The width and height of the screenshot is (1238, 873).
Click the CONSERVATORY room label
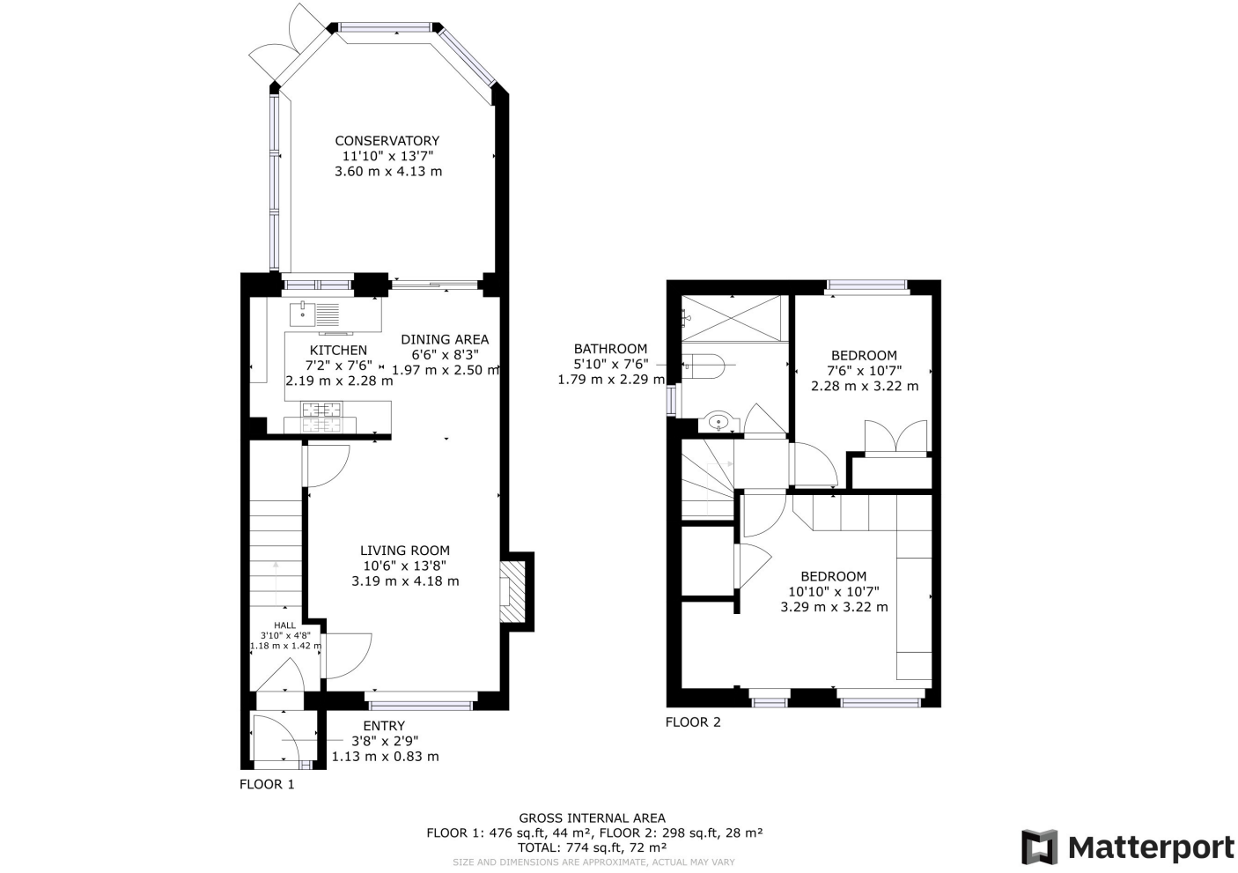tap(387, 141)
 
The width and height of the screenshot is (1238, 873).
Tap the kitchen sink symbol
tap(314, 313)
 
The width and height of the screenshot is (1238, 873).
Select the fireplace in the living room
tap(512, 590)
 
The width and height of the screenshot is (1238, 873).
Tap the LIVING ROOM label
tap(404, 551)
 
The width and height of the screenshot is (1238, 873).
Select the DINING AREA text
tap(445, 339)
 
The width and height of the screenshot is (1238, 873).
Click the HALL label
tap(285, 625)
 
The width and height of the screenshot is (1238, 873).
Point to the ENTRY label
tap(384, 726)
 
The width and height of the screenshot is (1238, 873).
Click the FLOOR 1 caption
tap(267, 784)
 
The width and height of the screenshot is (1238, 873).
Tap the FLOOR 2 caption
tap(692, 722)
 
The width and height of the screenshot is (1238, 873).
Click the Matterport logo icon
tap(1039, 847)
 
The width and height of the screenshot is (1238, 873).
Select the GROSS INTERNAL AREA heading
tap(592, 818)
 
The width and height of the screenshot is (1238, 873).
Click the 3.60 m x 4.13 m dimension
tap(388, 172)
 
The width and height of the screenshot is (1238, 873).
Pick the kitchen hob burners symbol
tap(321, 410)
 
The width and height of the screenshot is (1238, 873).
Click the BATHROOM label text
tap(610, 349)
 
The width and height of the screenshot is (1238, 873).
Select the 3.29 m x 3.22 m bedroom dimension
tap(834, 607)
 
